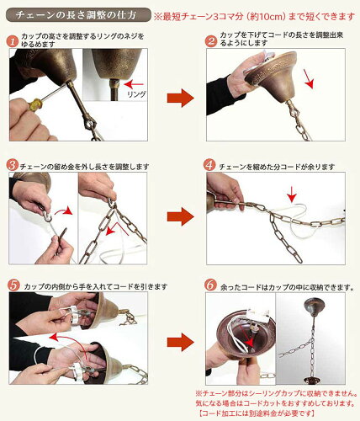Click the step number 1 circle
tap(13, 41)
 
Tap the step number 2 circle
tap(211, 41)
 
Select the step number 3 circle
tap(13, 165)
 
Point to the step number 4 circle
tap(210, 165)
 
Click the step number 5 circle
tap(13, 285)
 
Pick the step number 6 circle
tap(211, 285)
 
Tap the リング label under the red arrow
tap(136, 94)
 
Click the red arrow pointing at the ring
tap(134, 84)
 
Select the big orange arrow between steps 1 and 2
tap(180, 98)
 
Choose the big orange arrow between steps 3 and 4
tap(180, 216)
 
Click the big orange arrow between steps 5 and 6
tap(180, 342)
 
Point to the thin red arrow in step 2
tap(309, 80)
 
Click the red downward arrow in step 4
tap(292, 194)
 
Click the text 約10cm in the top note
tap(267, 17)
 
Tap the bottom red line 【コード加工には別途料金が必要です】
tap(256, 413)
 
